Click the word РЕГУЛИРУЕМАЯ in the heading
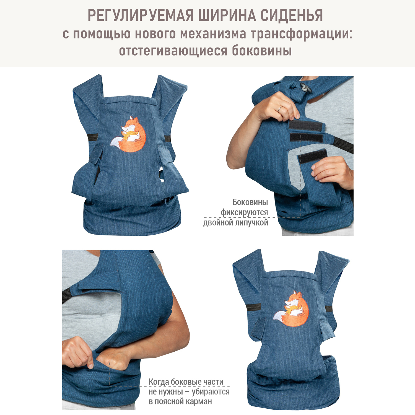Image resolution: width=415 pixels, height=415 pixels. [x=141, y=15]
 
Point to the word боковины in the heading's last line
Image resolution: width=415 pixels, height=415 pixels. [x=262, y=51]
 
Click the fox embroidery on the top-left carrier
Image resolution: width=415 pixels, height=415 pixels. [x=128, y=134]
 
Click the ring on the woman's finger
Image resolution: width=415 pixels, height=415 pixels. [x=279, y=109]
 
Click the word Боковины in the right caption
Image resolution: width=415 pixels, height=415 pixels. [x=250, y=202]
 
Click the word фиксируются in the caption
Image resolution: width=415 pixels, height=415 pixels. [x=244, y=212]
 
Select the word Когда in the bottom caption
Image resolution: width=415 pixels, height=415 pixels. [x=159, y=382]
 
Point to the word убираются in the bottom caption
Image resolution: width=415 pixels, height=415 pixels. [x=211, y=392]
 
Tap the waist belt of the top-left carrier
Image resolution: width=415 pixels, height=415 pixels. [x=132, y=219]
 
